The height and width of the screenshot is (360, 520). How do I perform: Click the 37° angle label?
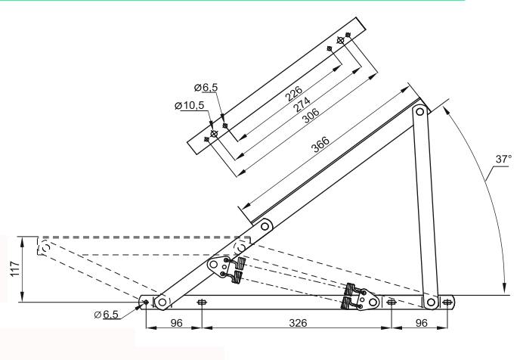[503, 160]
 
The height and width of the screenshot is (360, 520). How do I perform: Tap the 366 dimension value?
[321, 144]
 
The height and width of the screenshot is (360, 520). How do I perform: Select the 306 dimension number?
[311, 116]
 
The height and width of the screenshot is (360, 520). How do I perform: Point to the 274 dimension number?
[302, 104]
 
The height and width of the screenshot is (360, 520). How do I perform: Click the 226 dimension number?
[294, 94]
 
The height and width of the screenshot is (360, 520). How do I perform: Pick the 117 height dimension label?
[15, 268]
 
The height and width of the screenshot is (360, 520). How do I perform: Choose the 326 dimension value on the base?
[298, 323]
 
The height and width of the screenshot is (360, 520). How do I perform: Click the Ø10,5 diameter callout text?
[190, 106]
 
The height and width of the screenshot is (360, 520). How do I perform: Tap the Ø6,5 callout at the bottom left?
[106, 314]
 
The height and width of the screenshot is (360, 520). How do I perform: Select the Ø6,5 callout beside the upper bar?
[206, 87]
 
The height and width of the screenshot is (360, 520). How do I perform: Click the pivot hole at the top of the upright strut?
[419, 111]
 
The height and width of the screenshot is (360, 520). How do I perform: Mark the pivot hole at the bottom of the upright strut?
[431, 303]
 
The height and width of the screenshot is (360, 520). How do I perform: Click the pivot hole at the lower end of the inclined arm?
[162, 303]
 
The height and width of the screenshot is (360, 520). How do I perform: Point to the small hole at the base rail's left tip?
[146, 302]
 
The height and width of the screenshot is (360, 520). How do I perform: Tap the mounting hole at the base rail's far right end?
[447, 303]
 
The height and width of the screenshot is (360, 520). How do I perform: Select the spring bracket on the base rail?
[361, 297]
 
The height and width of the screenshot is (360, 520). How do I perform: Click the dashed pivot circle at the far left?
[45, 247]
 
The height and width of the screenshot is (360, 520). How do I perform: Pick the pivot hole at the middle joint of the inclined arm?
[265, 227]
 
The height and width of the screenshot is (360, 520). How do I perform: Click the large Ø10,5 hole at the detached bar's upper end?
[340, 41]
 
